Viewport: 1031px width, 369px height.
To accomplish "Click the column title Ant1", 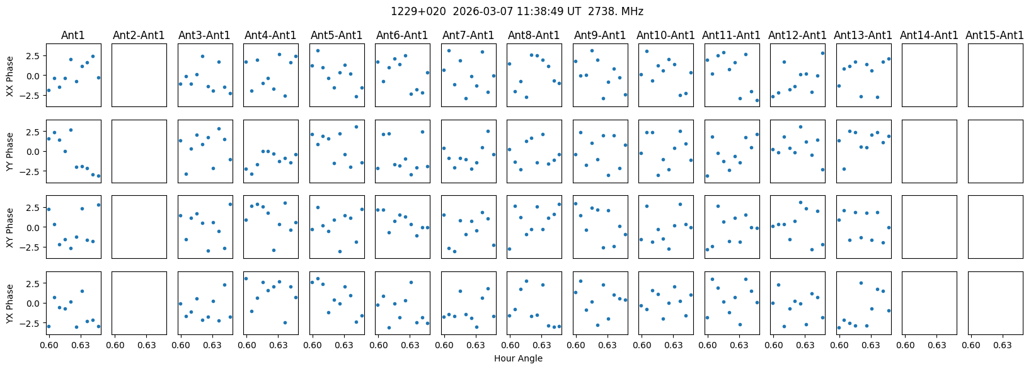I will click(73, 35).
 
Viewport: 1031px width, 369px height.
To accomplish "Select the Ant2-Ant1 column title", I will click(139, 35).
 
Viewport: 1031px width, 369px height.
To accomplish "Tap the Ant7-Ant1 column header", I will click(468, 35).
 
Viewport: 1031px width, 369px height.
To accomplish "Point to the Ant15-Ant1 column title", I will click(994, 35).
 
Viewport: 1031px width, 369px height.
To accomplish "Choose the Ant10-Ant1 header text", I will click(665, 35).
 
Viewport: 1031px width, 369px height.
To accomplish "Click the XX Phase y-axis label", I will click(10, 75).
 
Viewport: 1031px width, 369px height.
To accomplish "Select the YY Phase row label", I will click(10, 151).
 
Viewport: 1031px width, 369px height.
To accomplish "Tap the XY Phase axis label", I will click(10, 227).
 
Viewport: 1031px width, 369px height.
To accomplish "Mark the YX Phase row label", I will click(10, 303).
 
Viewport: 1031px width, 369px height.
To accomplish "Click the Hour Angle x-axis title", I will click(518, 359).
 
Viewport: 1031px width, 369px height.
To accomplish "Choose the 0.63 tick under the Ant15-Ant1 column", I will click(1003, 345).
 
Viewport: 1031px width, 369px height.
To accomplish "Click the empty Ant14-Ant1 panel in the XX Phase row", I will click(929, 75).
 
